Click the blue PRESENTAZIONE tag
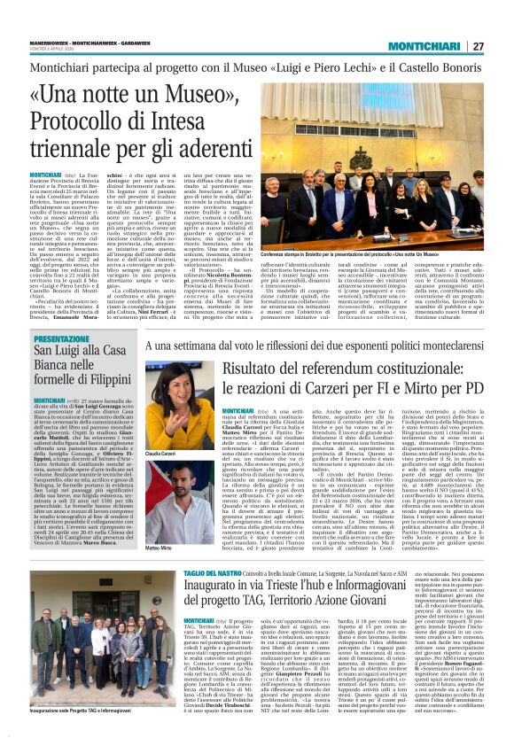pyautogui.click(x=62, y=339)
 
